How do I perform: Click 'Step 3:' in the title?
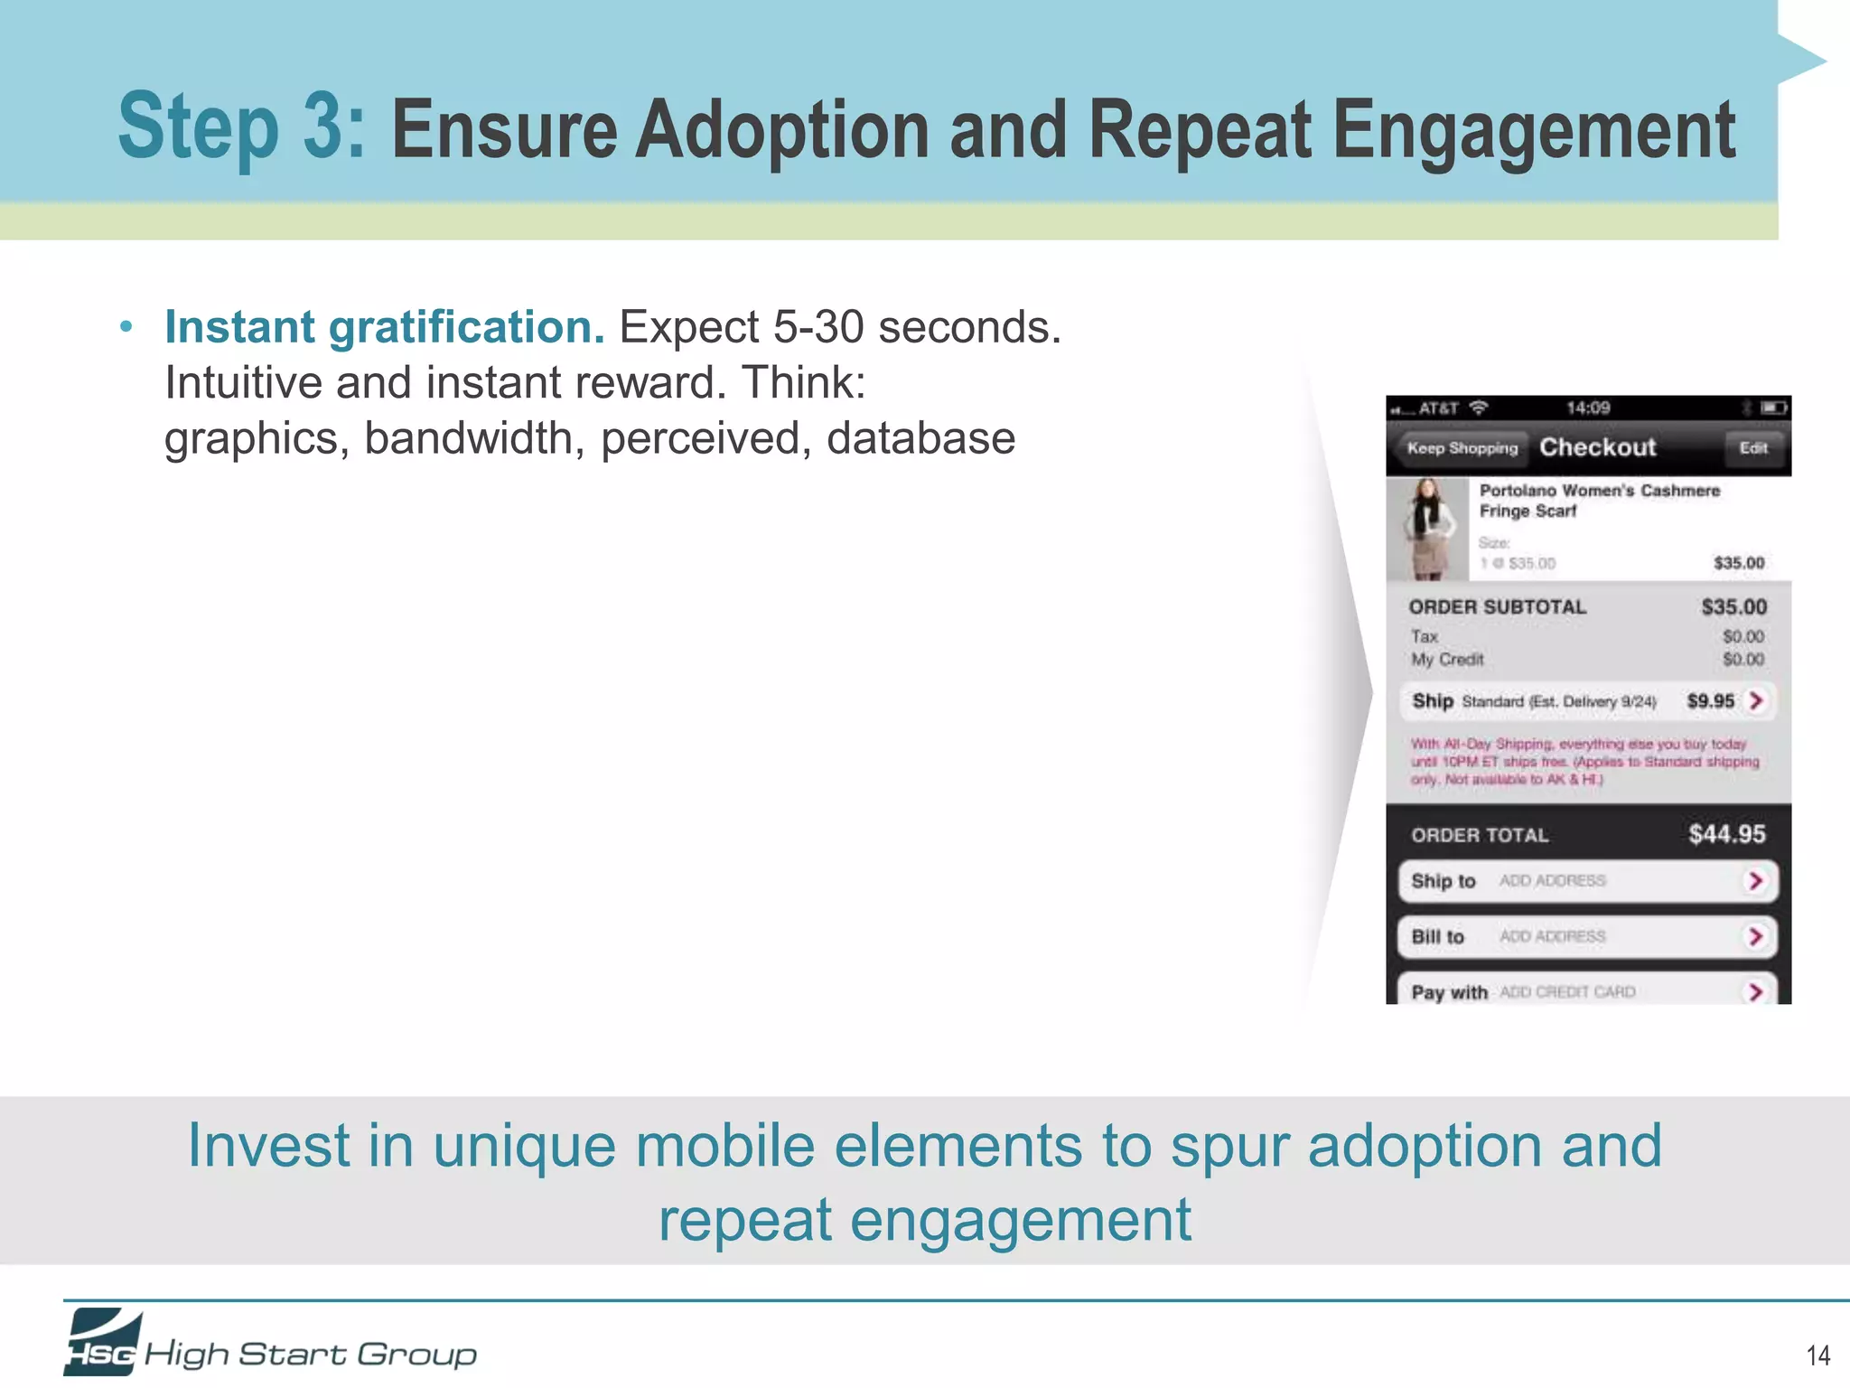tap(241, 129)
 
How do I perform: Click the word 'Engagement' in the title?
tap(1533, 131)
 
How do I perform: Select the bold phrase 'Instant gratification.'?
tap(384, 327)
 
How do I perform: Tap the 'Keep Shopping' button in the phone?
tap(1461, 448)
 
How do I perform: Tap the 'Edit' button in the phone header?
tap(1752, 448)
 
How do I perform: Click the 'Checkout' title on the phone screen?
tap(1597, 447)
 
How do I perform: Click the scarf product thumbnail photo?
tap(1427, 530)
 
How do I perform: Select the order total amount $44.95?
tap(1726, 834)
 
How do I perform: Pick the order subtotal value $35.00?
tap(1733, 607)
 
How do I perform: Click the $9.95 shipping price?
tap(1710, 701)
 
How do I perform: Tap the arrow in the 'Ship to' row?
tap(1755, 881)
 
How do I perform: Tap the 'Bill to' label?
tap(1437, 937)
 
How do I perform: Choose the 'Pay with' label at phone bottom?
tap(1449, 992)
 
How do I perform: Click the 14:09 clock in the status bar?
tap(1588, 408)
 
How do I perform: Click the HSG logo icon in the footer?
tap(102, 1342)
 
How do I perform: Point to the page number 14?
tap(1817, 1355)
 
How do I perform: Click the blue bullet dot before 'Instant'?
tap(126, 327)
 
